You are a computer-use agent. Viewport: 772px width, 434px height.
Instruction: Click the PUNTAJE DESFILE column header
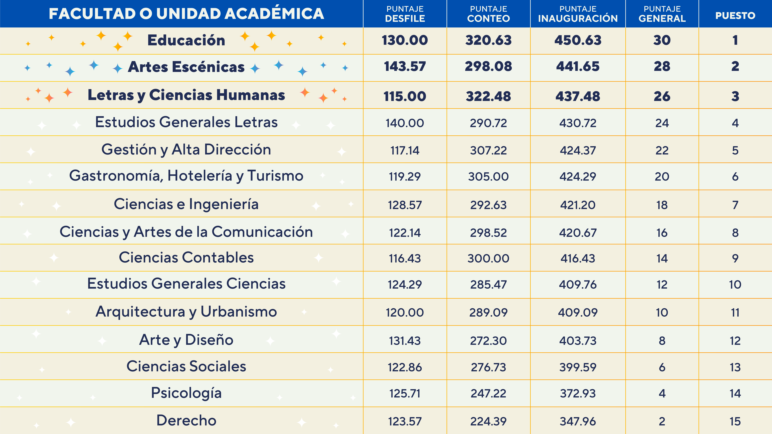coord(405,14)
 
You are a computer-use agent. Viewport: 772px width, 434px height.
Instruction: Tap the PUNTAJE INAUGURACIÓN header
coord(578,14)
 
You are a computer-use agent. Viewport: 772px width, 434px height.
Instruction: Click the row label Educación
coord(186,40)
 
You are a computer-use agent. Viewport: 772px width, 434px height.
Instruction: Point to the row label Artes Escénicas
coord(186,67)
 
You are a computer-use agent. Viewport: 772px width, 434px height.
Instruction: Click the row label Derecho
coord(186,420)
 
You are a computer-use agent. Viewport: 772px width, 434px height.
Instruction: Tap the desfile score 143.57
coord(405,67)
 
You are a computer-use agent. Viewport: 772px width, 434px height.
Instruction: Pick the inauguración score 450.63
coord(578,40)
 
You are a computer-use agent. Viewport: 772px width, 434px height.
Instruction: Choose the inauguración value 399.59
coord(578,367)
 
